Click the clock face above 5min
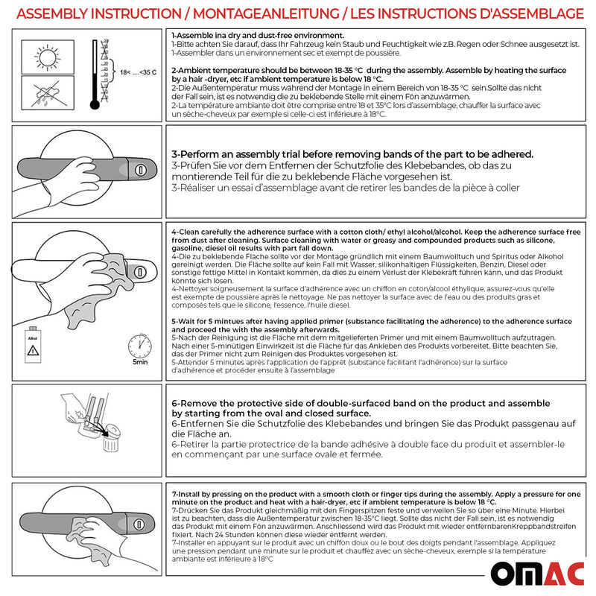pos(139,346)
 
